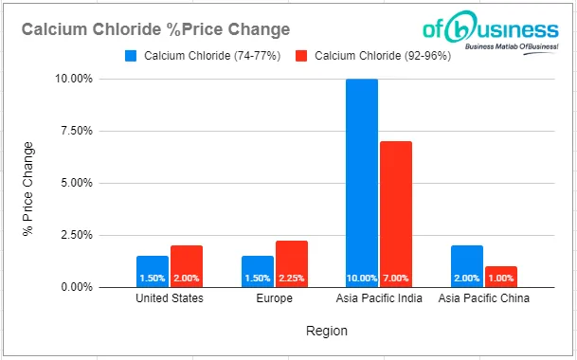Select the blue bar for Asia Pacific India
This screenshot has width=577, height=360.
click(x=362, y=180)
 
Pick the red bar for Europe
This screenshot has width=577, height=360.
click(x=292, y=261)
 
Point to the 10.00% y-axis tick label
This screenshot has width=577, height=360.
click(x=73, y=79)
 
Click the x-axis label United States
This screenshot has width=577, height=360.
click(x=169, y=299)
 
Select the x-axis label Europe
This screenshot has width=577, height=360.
click(x=275, y=299)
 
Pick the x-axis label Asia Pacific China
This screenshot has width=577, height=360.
click(x=484, y=299)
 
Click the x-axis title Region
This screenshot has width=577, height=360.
click(x=326, y=332)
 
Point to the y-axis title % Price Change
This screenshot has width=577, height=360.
click(x=28, y=183)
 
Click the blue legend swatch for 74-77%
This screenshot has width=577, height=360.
click(x=132, y=55)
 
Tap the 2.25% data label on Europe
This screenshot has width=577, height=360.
click(x=292, y=279)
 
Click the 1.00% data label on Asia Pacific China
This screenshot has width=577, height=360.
click(x=501, y=279)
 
